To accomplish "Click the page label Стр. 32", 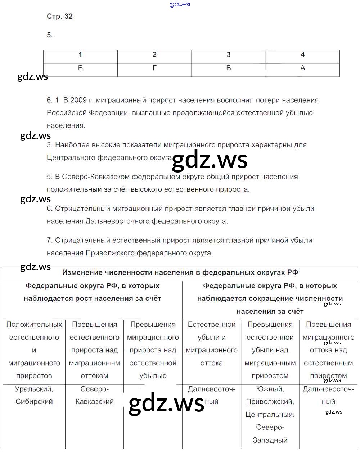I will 60,16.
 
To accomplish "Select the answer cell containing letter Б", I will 80,68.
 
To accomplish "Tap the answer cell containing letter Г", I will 154,68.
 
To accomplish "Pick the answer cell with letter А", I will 302,68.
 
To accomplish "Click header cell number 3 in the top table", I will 228,55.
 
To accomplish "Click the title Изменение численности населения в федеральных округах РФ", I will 180,273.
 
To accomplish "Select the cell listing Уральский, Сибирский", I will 34,395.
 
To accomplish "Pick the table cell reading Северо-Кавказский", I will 94,395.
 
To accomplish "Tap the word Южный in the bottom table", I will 270,389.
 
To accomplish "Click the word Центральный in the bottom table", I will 270,415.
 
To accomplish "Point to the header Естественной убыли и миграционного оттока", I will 212,343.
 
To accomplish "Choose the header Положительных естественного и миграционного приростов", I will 34,350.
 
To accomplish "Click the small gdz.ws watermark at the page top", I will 180,4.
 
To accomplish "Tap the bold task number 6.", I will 50,100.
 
